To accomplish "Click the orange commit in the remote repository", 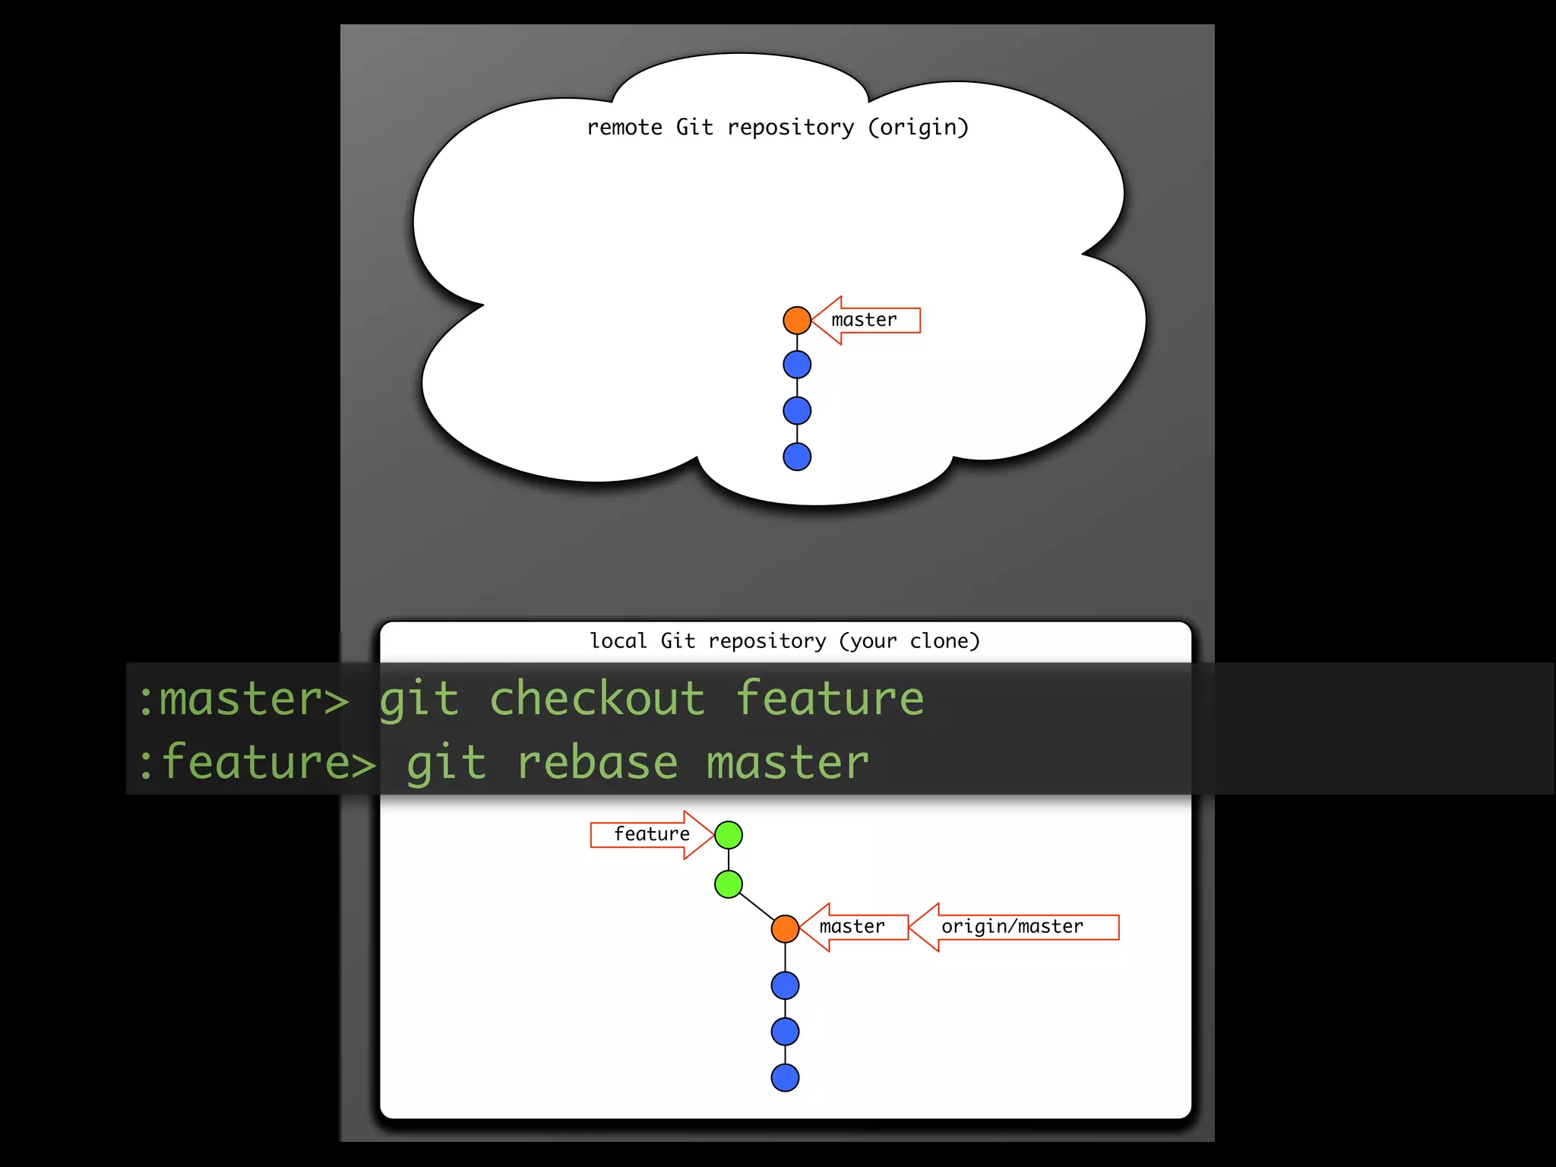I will point(797,320).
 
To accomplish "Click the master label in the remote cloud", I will point(865,320).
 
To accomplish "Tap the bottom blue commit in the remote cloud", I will point(797,457).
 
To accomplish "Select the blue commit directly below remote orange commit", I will point(797,365).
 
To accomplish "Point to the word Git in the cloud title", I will point(694,127).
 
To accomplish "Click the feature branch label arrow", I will point(652,834).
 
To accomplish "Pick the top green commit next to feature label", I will point(729,835).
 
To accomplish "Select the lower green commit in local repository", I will point(729,884).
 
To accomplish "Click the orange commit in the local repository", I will point(785,928).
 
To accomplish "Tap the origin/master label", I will point(1013,927).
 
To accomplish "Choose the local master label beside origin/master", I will point(852,927).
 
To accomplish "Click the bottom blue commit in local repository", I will point(785,1077).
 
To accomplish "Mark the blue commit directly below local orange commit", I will point(785,985).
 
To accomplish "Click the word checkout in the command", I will point(597,698).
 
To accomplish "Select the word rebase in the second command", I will point(597,763).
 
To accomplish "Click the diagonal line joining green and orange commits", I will point(756,906).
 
